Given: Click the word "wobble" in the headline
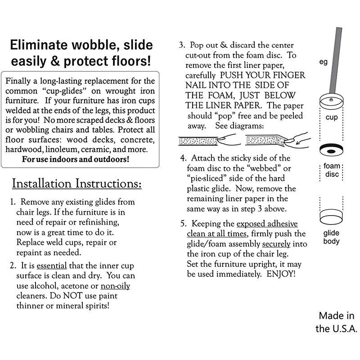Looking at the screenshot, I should click(99, 45).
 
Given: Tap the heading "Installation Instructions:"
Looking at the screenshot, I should click(76, 184).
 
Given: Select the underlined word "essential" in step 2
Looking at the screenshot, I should click(52, 265).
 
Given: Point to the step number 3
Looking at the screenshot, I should click(181, 45).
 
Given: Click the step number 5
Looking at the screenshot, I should click(183, 224).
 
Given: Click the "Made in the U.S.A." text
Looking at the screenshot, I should click(336, 322).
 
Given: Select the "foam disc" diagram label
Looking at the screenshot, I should click(332, 171).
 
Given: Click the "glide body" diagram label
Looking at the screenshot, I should click(332, 237).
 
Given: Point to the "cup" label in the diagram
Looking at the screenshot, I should click(331, 117).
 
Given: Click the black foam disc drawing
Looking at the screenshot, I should click(332, 151).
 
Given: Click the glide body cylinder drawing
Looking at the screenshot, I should click(332, 215).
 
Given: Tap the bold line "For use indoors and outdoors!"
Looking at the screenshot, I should click(75, 159).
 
